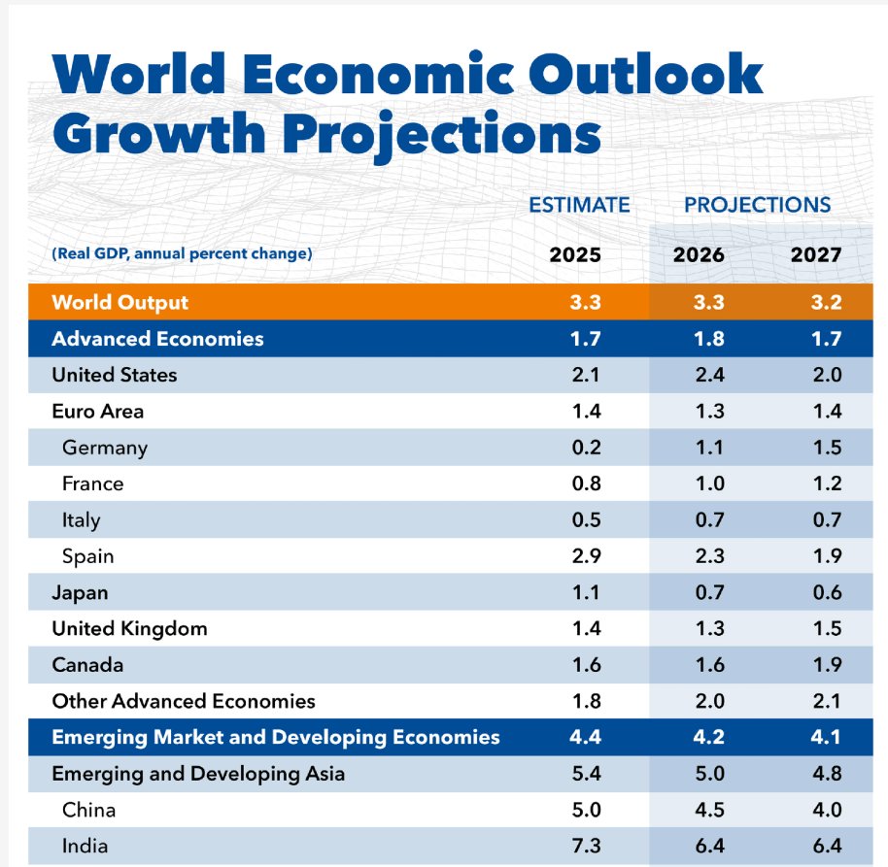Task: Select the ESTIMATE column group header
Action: (579, 205)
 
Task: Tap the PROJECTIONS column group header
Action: (757, 205)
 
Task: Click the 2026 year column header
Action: (699, 255)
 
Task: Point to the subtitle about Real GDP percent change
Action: (182, 254)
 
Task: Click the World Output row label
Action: (120, 302)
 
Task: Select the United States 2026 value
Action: (710, 375)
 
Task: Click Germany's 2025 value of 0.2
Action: (588, 448)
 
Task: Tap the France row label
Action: (92, 484)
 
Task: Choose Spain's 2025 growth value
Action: (588, 556)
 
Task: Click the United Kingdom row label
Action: (129, 628)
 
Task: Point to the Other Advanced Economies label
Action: (184, 701)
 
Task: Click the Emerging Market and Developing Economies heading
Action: (275, 737)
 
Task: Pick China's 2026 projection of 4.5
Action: (710, 810)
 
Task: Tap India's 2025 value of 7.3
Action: (588, 846)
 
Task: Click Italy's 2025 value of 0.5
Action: (588, 519)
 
